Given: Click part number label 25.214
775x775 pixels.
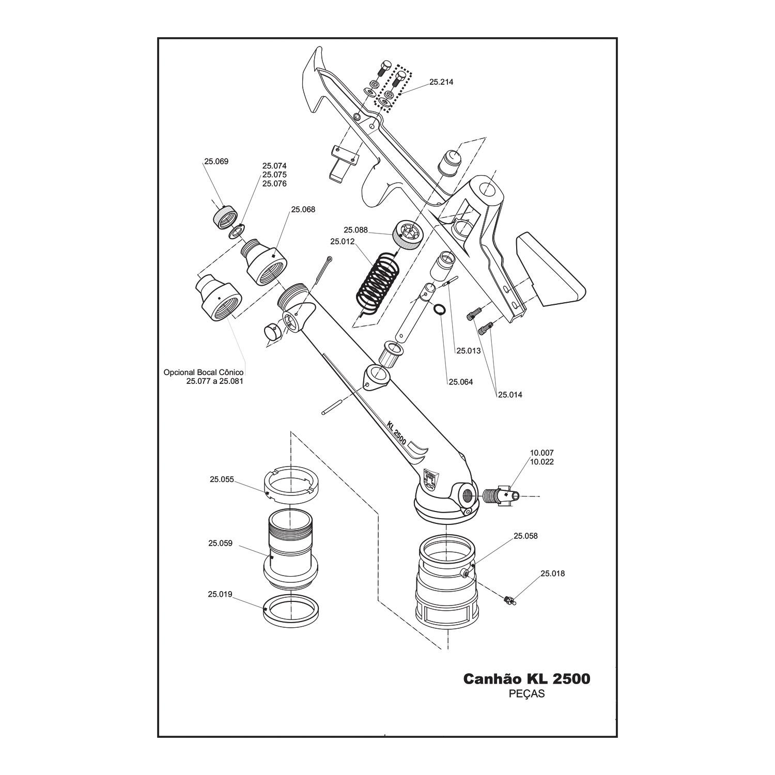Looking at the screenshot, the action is [x=441, y=82].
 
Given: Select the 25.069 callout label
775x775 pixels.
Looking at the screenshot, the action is [x=216, y=161].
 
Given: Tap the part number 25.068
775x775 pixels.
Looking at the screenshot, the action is [x=303, y=210].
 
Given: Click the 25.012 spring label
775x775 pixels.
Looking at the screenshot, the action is [x=343, y=241].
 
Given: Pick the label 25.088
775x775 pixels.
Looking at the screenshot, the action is [x=356, y=230].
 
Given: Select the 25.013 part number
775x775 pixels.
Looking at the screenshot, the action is [x=469, y=351].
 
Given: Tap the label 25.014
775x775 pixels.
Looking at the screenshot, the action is [x=510, y=395].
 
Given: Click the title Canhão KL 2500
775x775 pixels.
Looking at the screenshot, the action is [x=526, y=678].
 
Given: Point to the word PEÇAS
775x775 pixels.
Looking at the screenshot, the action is [x=527, y=694].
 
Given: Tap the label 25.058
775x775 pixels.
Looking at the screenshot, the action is [x=525, y=536].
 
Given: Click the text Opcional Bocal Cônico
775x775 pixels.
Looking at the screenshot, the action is [x=204, y=372].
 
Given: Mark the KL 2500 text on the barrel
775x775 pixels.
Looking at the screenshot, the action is [x=396, y=433].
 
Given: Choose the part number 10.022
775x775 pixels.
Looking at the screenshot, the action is [x=542, y=462].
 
